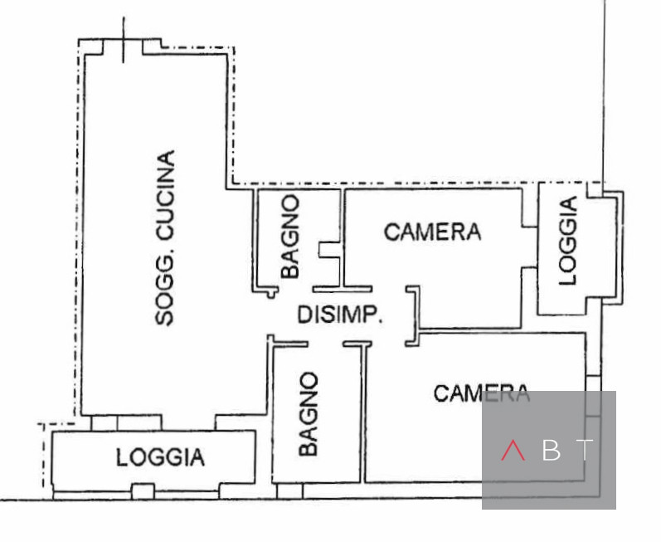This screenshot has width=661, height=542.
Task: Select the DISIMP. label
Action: click(339, 315)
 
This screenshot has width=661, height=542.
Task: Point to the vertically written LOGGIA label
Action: click(569, 241)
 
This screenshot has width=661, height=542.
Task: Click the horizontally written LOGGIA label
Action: click(160, 457)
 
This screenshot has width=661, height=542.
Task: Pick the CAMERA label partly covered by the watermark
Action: click(481, 393)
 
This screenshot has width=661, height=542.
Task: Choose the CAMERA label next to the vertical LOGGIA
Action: click(432, 231)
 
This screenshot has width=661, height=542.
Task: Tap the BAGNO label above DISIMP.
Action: click(289, 237)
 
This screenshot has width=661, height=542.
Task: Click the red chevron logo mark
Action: click(513, 450)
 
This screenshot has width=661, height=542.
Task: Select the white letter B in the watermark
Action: click(552, 450)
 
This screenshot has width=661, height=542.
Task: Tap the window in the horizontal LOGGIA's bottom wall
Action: click(143, 491)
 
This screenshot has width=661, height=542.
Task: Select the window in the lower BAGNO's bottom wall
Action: click(289, 491)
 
